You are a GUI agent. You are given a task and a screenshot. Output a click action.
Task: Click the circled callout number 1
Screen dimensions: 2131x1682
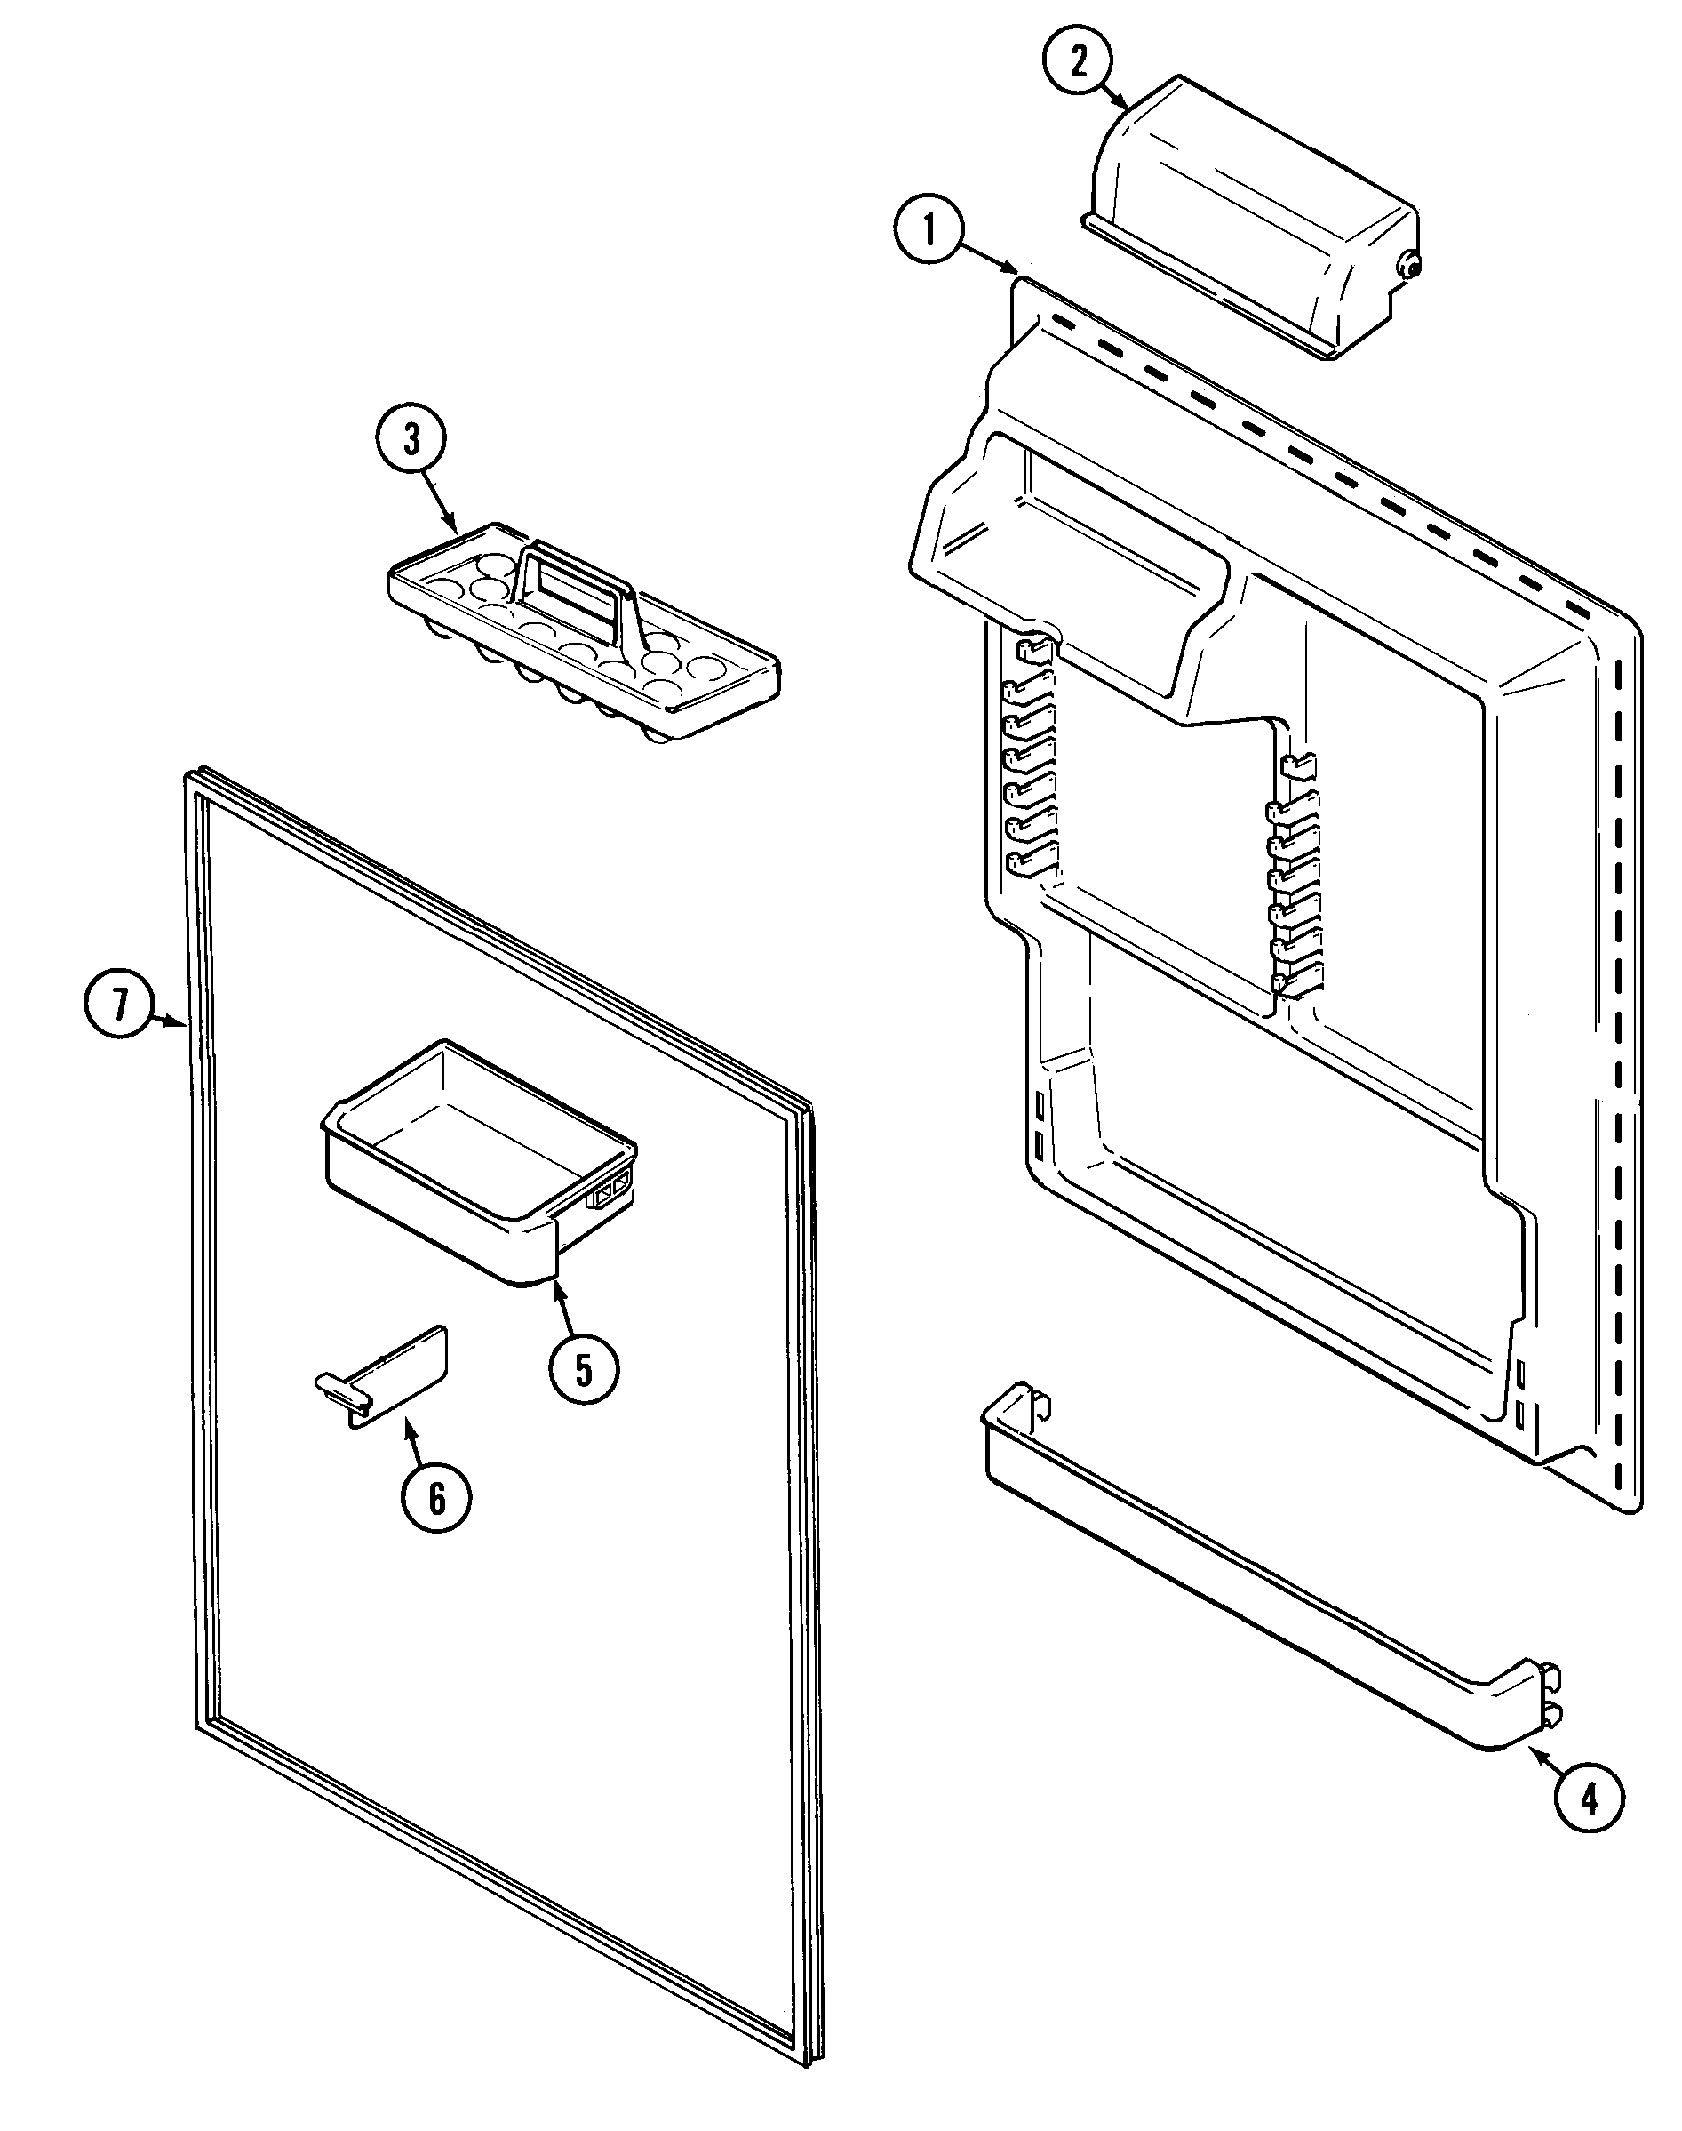pos(928,230)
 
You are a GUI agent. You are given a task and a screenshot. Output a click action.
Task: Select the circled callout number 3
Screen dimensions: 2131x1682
pos(411,439)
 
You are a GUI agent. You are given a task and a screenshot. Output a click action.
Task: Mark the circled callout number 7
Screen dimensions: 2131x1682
pos(119,1005)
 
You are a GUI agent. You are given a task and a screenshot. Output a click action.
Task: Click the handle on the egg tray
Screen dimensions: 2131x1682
pos(572,575)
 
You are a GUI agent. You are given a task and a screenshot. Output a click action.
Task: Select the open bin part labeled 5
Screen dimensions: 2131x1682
pos(473,1153)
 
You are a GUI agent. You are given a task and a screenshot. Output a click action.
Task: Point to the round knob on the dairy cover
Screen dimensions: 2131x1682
pos(1409,266)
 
